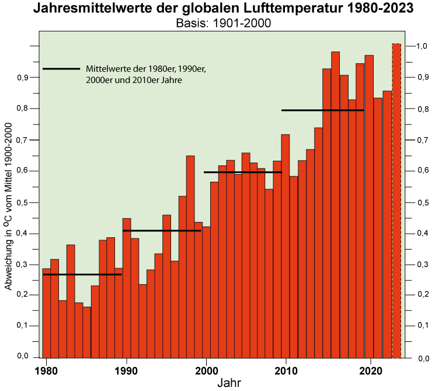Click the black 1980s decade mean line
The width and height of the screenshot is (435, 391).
[x=82, y=274]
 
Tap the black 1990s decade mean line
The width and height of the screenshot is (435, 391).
[x=162, y=231]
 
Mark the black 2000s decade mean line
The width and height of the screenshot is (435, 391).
[x=242, y=172]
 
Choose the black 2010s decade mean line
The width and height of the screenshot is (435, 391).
[x=322, y=110]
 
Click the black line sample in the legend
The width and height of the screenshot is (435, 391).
[x=61, y=69]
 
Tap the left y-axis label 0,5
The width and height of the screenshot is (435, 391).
[x=22, y=202]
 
